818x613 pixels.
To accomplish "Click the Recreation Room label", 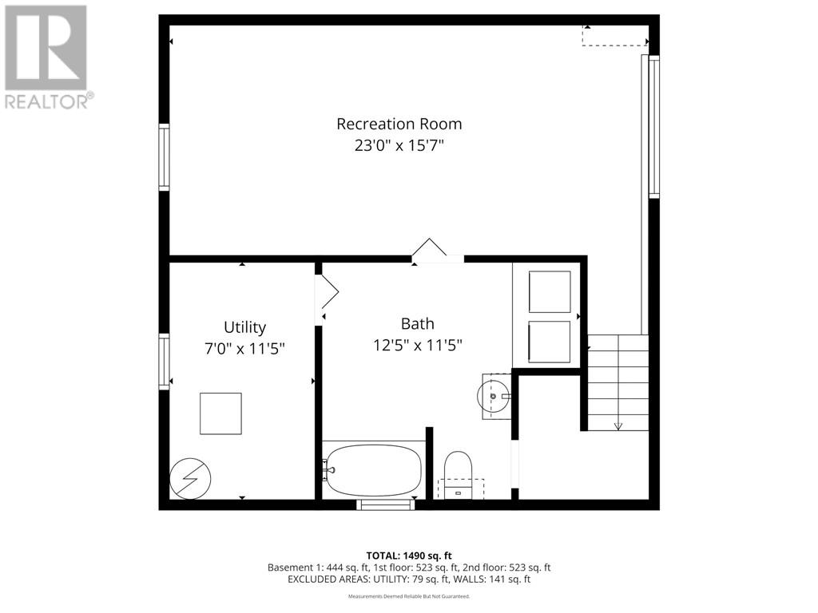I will coord(399,124).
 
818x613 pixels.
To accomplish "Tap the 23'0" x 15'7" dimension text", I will coord(399,145).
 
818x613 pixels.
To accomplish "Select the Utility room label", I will coord(244,327).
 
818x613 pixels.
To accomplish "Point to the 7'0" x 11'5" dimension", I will coord(244,349).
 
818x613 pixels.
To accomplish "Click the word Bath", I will coord(417,323).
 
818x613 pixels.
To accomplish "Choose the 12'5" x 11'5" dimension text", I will coord(417,345).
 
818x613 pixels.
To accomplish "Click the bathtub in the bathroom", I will coord(374,471).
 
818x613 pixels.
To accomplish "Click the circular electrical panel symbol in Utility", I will coord(191,478).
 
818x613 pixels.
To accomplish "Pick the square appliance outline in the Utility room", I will coord(220,413).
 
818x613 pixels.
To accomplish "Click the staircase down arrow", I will coord(618,425).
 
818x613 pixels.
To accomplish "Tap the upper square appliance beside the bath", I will coord(550,291).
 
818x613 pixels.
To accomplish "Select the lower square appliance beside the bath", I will coord(550,342).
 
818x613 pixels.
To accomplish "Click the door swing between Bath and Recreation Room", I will coord(429,248).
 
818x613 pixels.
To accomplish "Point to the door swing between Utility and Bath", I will coord(328,293).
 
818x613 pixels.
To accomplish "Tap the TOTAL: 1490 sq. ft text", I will coord(408,555).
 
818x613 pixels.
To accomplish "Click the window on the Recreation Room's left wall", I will coord(164,157).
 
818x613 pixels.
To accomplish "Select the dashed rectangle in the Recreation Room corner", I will coord(613,36).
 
